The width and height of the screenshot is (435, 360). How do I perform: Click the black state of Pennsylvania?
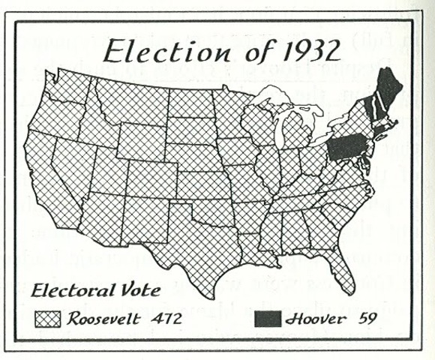(346, 147)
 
